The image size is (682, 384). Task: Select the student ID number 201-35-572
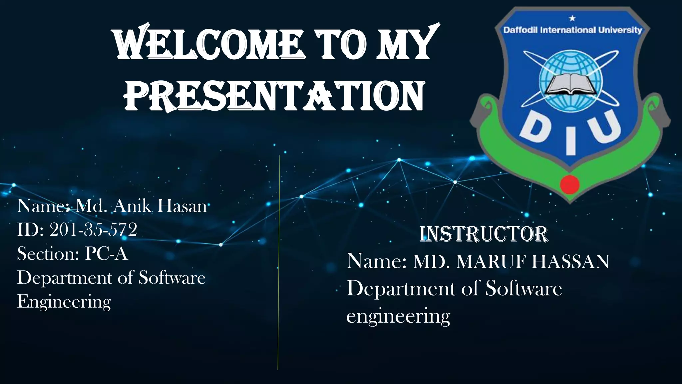pos(93,230)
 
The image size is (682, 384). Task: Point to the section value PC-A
pos(106,254)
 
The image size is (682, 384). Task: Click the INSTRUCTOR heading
pos(484,234)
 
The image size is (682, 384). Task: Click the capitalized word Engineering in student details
pos(64,302)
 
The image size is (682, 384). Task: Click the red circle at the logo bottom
pos(570,184)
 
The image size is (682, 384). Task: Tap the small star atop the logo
pos(572,18)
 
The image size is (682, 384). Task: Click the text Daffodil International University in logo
pos(572,30)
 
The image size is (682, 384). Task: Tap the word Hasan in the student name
pos(182,206)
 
